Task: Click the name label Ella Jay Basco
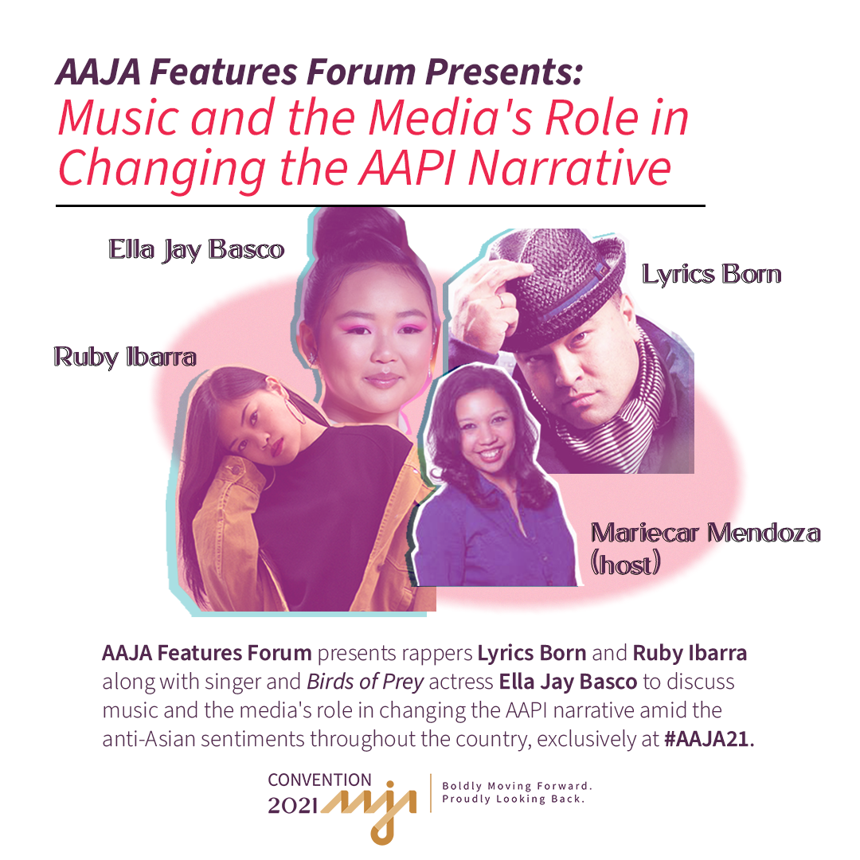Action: pos(196,249)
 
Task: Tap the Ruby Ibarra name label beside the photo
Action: pos(125,357)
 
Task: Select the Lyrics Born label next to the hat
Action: pos(711,274)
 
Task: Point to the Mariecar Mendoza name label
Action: pos(706,533)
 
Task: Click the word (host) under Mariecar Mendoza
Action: pos(625,564)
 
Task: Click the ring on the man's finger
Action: pos(501,299)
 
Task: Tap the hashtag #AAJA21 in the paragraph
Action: pos(709,739)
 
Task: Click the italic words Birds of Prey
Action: pos(365,682)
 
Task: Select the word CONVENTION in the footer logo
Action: pos(320,780)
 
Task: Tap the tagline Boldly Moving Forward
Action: pos(518,786)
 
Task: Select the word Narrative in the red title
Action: pos(569,167)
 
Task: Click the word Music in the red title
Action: pos(119,118)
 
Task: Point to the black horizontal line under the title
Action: pos(380,205)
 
